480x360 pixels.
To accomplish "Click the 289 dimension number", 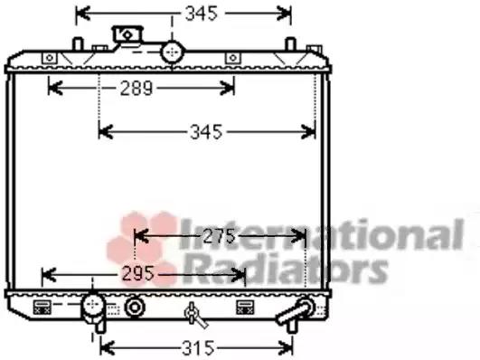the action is [x=136, y=89].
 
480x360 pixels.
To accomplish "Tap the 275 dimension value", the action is [x=219, y=236].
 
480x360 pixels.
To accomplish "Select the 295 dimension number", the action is [x=137, y=273].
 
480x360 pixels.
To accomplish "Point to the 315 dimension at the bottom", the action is [x=198, y=348].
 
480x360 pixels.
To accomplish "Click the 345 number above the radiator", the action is [x=202, y=14].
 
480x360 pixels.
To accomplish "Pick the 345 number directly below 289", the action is [x=206, y=132].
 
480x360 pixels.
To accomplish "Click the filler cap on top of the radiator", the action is [x=127, y=33].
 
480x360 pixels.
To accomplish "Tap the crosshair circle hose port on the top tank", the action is [x=173, y=52].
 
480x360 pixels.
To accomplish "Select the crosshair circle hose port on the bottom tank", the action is [x=92, y=304].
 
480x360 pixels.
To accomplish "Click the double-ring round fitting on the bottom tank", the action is [x=135, y=307].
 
